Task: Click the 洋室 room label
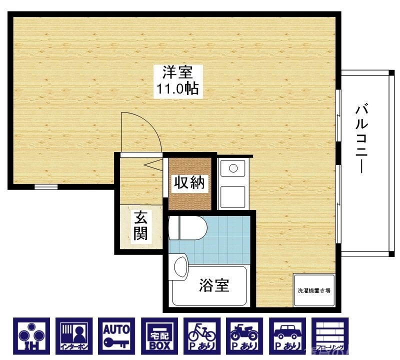click(176, 73)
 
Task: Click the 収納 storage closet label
click(189, 183)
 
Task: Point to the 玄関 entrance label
click(140, 226)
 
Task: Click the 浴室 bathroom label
click(214, 285)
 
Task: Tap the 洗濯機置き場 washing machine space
click(313, 290)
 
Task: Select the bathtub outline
click(210, 286)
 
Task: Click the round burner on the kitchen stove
click(233, 168)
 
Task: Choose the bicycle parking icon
click(202, 334)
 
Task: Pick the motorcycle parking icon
click(244, 334)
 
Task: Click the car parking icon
click(287, 334)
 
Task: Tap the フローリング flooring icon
click(329, 334)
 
